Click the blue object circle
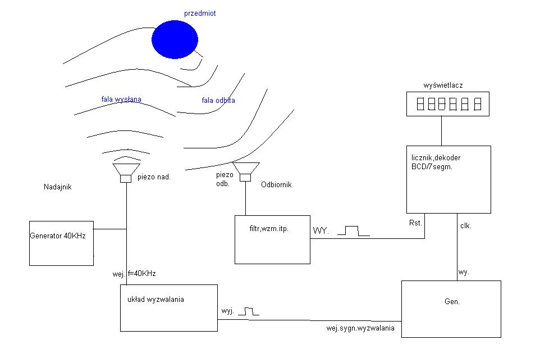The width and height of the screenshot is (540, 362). click(x=175, y=39)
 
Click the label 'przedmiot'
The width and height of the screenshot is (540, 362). click(x=200, y=13)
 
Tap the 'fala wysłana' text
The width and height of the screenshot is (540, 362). click(x=121, y=99)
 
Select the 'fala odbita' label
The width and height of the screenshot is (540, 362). click(x=218, y=100)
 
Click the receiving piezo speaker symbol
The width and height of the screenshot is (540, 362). click(x=245, y=171)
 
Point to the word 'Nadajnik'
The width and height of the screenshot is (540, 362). click(x=57, y=187)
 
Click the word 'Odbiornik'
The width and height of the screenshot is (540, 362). click(x=276, y=184)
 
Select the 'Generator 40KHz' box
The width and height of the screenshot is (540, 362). click(x=61, y=243)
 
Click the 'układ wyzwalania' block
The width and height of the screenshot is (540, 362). click(x=169, y=308)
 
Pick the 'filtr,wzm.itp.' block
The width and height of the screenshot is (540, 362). click(x=272, y=239)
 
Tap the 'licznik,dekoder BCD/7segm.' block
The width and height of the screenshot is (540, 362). click(x=449, y=179)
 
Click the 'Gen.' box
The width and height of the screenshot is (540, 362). click(x=451, y=309)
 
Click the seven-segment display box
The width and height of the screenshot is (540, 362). click(x=448, y=104)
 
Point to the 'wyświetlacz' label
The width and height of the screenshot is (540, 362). click(x=443, y=85)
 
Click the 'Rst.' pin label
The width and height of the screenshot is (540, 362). click(x=415, y=223)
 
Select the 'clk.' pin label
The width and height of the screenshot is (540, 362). click(x=465, y=226)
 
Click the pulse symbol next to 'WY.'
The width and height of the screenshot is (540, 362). click(x=353, y=230)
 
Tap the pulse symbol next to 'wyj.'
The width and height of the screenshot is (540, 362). click(x=249, y=311)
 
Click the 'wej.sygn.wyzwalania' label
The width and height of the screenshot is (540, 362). click(x=360, y=328)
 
